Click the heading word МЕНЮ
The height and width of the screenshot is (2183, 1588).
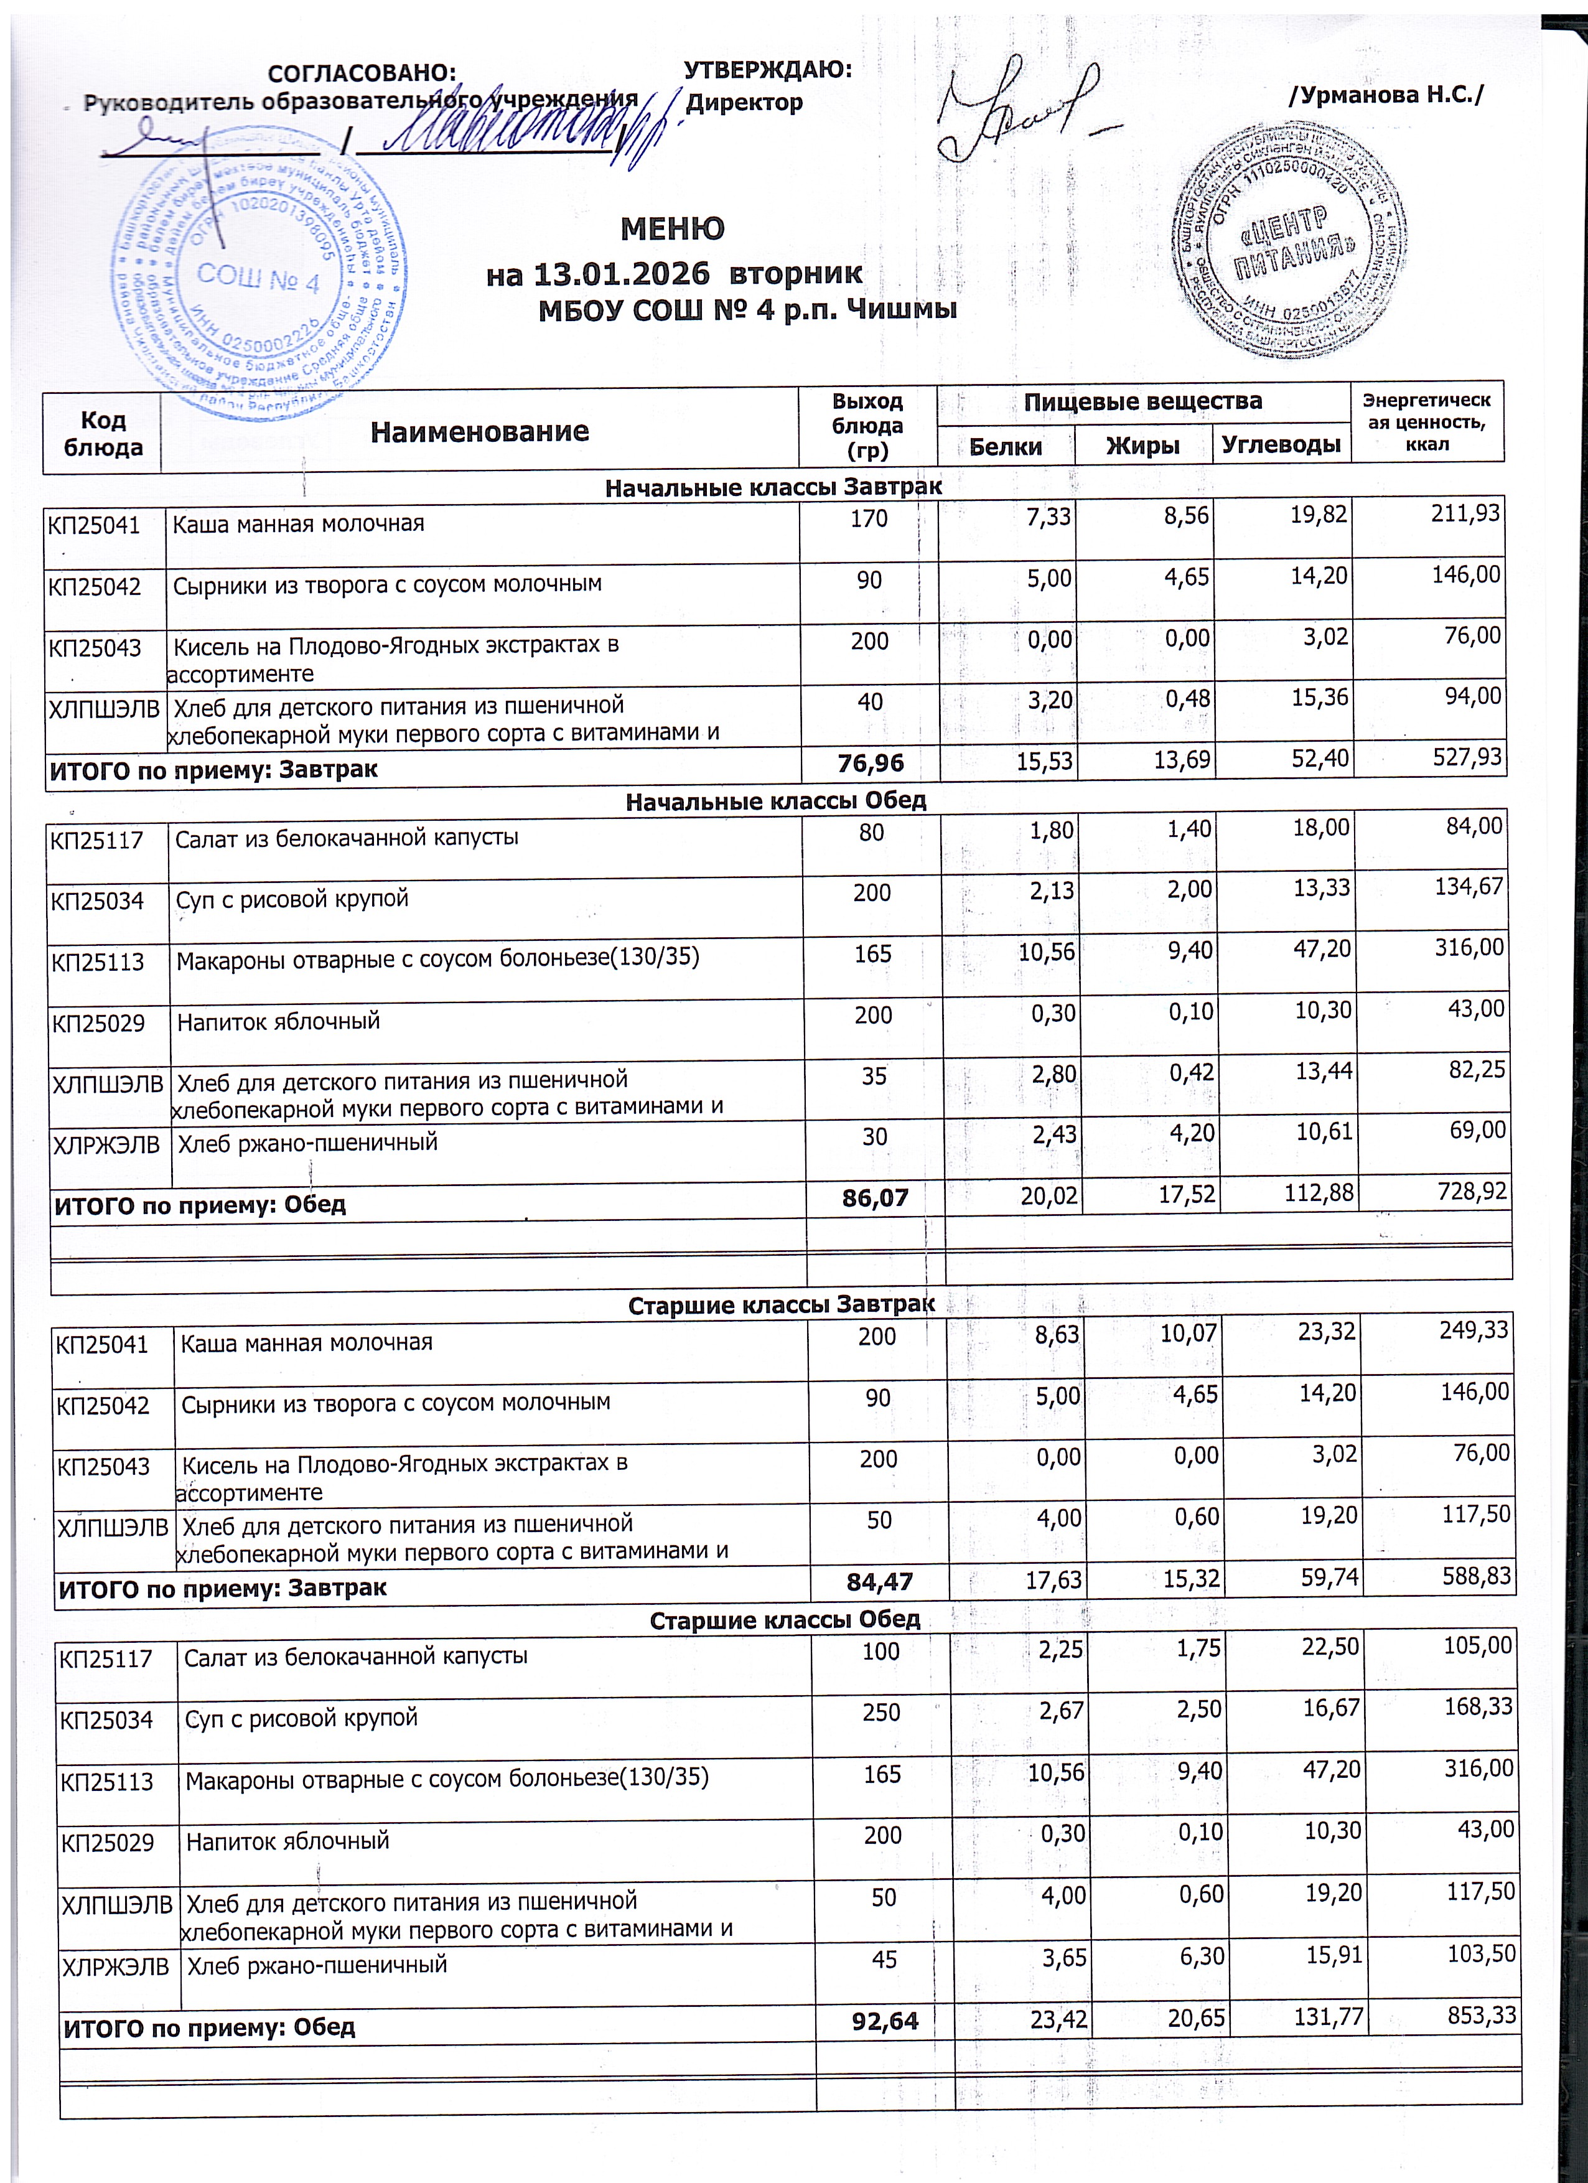pyautogui.click(x=672, y=229)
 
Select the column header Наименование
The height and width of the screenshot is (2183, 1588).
pyautogui.click(x=479, y=431)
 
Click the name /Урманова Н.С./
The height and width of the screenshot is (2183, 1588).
pyautogui.click(x=1386, y=95)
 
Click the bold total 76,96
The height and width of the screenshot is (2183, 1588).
pyautogui.click(x=871, y=764)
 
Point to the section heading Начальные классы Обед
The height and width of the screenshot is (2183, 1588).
pyautogui.click(x=776, y=801)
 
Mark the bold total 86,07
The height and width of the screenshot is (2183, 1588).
pyautogui.click(x=876, y=1197)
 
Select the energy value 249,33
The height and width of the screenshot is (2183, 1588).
pyautogui.click(x=1472, y=1331)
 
